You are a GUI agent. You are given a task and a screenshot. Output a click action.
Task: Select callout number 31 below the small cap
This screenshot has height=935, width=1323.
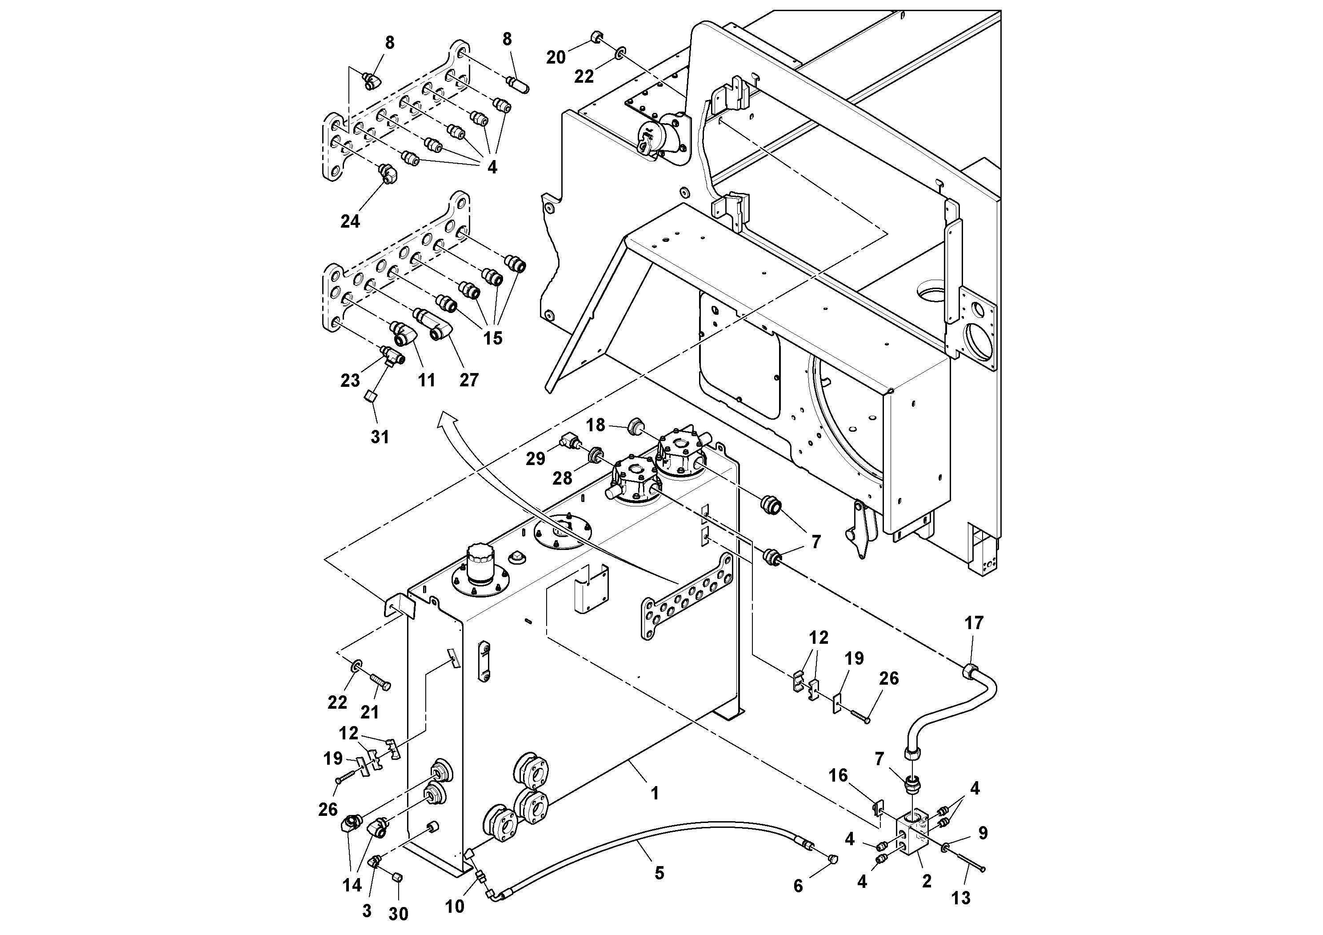(x=380, y=437)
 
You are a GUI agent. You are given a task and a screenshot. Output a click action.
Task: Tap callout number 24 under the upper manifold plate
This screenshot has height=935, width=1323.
(x=350, y=221)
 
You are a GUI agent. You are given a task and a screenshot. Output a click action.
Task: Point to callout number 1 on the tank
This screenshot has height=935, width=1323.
(x=654, y=794)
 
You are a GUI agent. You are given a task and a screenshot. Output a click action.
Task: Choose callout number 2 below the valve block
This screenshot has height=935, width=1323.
(x=927, y=881)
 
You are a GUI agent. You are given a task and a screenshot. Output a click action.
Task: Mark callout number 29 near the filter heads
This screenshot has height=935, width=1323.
(x=536, y=459)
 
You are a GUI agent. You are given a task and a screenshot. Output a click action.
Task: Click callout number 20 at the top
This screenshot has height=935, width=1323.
(x=556, y=58)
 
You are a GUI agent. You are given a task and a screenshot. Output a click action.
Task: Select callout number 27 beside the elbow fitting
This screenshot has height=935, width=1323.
(x=469, y=380)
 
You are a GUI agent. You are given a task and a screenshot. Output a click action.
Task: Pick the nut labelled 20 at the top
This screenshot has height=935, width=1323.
(x=596, y=39)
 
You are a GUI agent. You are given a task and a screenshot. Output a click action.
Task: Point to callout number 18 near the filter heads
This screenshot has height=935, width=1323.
(x=596, y=425)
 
